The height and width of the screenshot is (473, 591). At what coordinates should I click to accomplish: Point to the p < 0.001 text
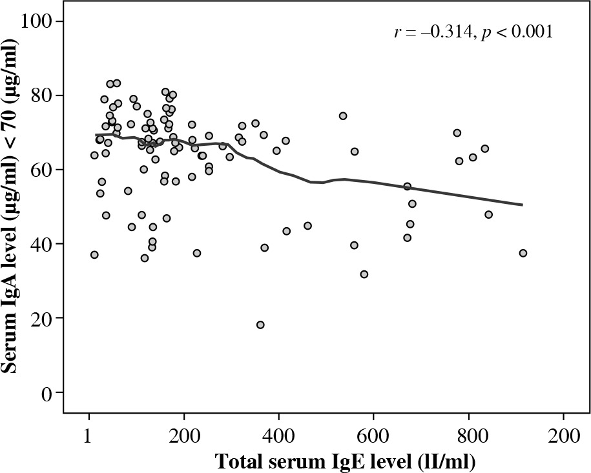click(x=517, y=32)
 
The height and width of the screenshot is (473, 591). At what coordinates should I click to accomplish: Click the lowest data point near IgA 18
click(x=260, y=325)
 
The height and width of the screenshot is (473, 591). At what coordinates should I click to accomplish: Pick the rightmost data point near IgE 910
click(x=523, y=253)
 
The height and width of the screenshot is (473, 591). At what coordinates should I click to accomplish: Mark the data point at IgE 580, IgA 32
click(x=364, y=274)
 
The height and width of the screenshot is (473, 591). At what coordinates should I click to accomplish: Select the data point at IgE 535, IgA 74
click(x=343, y=116)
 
